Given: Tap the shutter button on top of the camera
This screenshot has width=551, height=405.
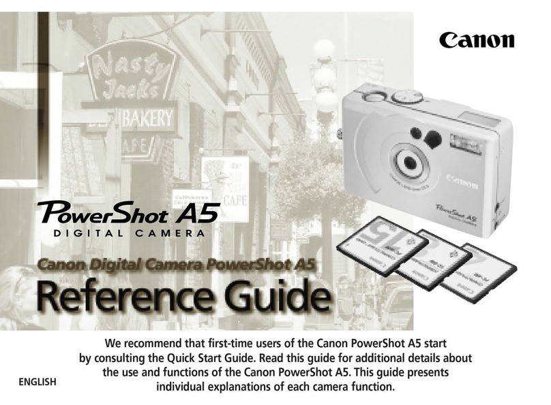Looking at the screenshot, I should [x=374, y=96].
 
